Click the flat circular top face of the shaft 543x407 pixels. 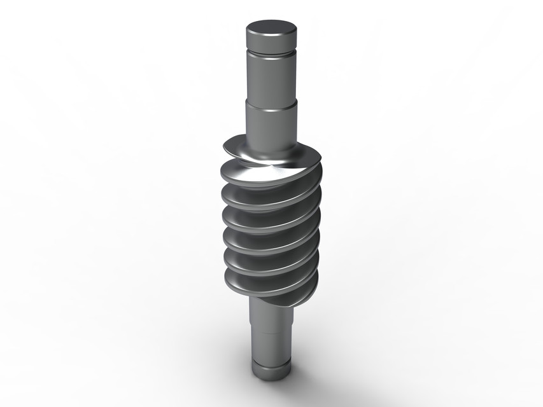(272, 29)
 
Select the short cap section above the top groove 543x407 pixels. (272, 45)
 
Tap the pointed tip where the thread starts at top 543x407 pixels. (225, 151)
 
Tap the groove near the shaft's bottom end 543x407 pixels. (270, 361)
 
